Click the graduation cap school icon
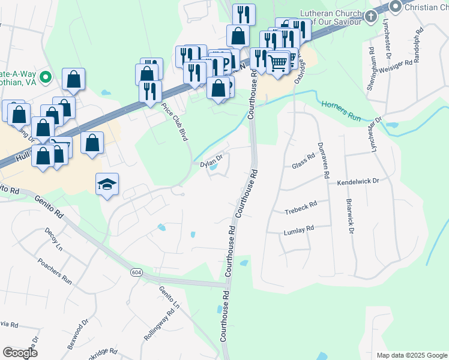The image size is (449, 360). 107,183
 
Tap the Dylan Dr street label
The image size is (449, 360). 211,160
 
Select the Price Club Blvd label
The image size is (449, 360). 175,122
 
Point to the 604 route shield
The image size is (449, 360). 136,272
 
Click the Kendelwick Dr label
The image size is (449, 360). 358,181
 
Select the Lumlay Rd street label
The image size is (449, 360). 299,230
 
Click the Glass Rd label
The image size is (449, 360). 303,161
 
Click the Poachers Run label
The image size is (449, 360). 55,272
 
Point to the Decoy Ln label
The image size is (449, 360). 53,239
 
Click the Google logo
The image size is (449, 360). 20,353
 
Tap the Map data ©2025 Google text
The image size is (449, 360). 411,355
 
